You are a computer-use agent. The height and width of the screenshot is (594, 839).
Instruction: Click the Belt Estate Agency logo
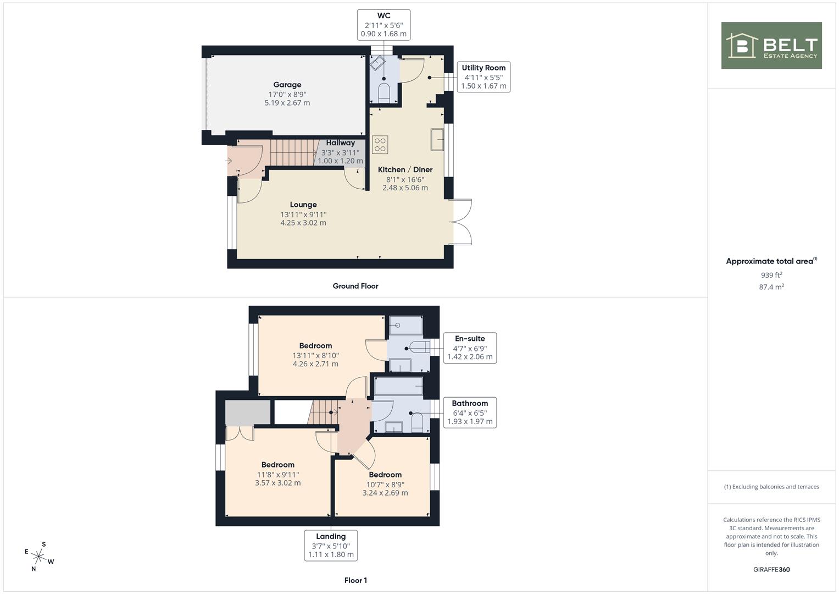[x=771, y=45]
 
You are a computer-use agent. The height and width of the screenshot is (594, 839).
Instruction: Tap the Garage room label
[x=287, y=85]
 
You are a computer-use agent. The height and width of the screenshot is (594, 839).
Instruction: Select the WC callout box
[x=384, y=25]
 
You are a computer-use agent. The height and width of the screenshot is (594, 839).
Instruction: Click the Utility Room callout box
[x=484, y=77]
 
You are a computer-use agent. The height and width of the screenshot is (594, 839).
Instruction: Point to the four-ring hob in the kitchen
[x=380, y=145]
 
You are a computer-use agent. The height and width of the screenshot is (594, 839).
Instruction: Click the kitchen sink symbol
[x=437, y=140]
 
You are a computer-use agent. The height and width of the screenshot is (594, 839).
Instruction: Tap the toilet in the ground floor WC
[x=384, y=92]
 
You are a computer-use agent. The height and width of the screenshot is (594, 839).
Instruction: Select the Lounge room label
[x=303, y=205]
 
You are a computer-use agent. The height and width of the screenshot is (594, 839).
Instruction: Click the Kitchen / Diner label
[x=405, y=169]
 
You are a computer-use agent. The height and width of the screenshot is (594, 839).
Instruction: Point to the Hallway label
[x=341, y=143]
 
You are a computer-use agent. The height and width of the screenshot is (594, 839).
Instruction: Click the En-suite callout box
[x=470, y=348]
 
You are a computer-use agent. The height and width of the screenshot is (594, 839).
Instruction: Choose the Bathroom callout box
[x=470, y=413]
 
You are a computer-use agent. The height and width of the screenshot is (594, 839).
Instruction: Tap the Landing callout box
[x=331, y=546]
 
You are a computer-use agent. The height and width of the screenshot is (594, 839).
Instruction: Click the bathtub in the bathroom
[x=399, y=386]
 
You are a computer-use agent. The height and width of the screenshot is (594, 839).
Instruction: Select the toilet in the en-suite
[x=420, y=347]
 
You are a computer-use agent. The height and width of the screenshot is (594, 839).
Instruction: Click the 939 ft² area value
[x=771, y=275]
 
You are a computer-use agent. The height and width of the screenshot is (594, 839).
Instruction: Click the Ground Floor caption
[x=355, y=286]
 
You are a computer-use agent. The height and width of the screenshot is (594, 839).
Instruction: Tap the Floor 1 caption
[x=355, y=580]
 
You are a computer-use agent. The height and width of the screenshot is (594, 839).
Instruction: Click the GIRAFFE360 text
[x=771, y=570]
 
